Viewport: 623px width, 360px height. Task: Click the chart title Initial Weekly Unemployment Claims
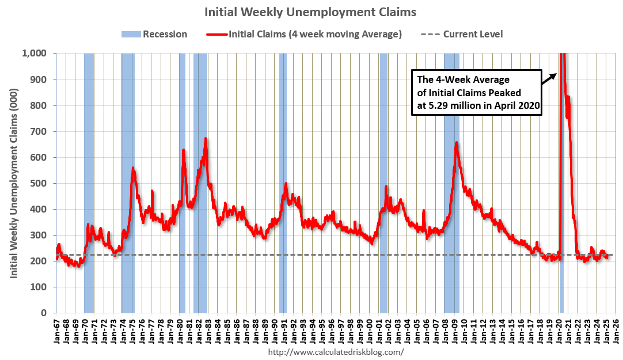311,12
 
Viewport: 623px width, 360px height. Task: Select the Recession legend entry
154,34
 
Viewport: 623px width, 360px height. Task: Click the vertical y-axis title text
14,183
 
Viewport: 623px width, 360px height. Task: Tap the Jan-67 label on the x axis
56,334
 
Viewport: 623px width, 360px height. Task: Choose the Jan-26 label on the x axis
615,334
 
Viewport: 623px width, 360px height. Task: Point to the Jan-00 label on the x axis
370,334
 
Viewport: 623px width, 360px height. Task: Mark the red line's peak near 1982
206,139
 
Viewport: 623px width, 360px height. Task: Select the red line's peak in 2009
457,143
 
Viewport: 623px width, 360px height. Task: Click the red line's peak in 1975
133,169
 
